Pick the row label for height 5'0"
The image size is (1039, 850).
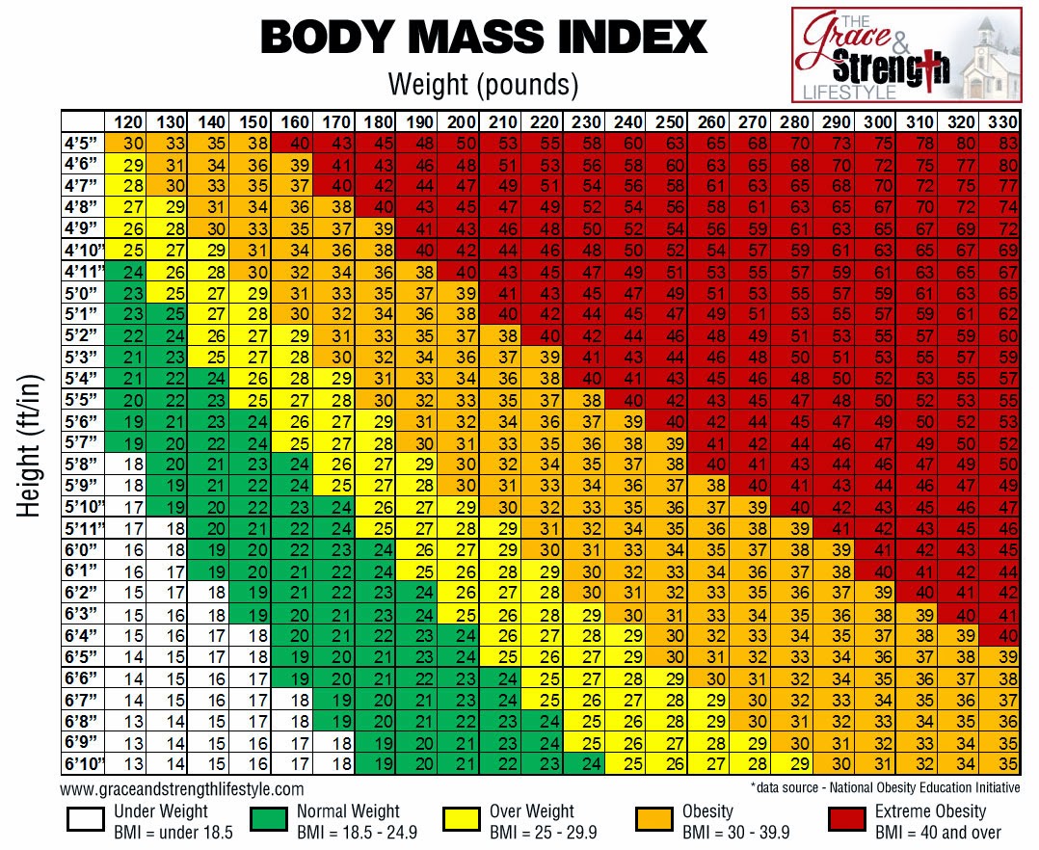tap(83, 293)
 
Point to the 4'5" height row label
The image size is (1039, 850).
tap(83, 143)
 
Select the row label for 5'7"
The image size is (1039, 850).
tap(83, 443)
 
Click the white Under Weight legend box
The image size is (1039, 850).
tap(86, 820)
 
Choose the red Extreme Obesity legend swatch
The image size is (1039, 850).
tap(847, 820)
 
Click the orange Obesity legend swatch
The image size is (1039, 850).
tap(654, 820)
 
